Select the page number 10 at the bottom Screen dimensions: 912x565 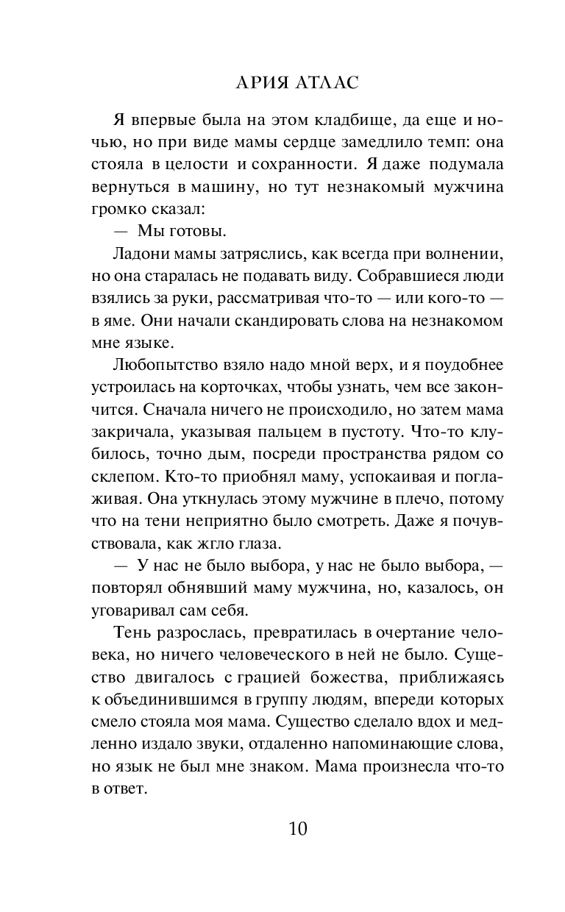click(297, 829)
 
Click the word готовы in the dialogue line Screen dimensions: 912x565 click(193, 231)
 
